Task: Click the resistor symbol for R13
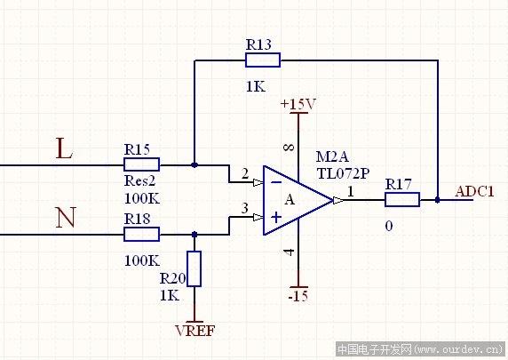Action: coord(263,60)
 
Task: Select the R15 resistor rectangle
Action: coord(141,164)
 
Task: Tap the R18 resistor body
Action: coord(141,234)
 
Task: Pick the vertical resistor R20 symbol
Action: coord(194,268)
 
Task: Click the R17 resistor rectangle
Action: coord(402,199)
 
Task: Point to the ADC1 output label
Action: coord(474,192)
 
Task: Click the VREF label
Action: coord(195,331)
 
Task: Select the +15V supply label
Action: coord(298,104)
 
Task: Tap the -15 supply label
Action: coord(298,296)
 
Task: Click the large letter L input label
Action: coord(64,148)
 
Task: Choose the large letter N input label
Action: coord(66,217)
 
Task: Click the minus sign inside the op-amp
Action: coord(276,182)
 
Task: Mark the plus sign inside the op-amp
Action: coord(276,217)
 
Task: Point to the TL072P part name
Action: coord(343,173)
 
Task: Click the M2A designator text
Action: coord(332,157)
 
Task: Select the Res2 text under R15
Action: coord(140,180)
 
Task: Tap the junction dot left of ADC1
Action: coord(437,200)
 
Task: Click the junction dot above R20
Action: coord(194,234)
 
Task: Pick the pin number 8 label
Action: coord(289,148)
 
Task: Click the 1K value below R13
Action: coord(256,86)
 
